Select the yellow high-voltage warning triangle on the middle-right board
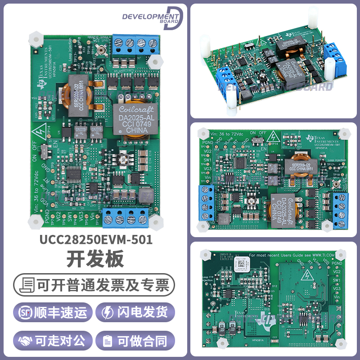point(272,138)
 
